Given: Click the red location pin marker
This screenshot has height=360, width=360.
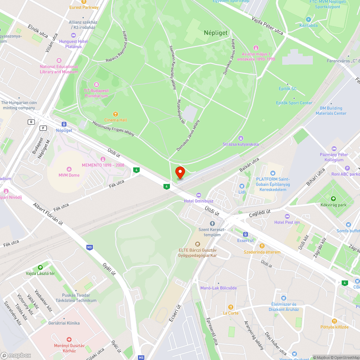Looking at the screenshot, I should click(x=180, y=172).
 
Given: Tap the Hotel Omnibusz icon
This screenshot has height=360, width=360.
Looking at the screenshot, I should click(x=199, y=195).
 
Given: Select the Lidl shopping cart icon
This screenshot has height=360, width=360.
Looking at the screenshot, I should click(x=242, y=186).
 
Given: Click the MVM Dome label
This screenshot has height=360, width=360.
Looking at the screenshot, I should click(x=69, y=175).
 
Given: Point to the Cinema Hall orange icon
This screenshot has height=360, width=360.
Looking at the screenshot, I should click(x=116, y=114).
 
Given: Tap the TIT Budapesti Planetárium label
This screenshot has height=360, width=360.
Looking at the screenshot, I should click(x=96, y=93).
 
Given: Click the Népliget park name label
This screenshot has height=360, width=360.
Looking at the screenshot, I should click(x=216, y=33).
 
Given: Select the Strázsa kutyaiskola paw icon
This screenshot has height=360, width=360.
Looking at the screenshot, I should click(x=241, y=138).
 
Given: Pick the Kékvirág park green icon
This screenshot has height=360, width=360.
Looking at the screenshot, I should click(x=333, y=199).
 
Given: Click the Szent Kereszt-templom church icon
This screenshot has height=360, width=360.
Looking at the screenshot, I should click(x=212, y=224).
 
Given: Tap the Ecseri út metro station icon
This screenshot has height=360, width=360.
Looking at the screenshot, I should click(x=246, y=234).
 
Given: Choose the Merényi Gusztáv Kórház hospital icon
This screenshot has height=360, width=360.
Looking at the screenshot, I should click(x=69, y=339).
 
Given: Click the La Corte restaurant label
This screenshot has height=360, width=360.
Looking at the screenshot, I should click(x=231, y=313).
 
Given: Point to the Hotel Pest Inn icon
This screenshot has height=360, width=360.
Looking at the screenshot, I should click(x=287, y=216).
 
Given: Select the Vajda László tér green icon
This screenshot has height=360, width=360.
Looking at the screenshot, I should click(x=40, y=267).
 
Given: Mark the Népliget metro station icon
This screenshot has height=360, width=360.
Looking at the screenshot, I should click(x=64, y=124).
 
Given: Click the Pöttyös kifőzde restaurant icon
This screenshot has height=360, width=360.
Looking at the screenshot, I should click(x=334, y=321).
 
